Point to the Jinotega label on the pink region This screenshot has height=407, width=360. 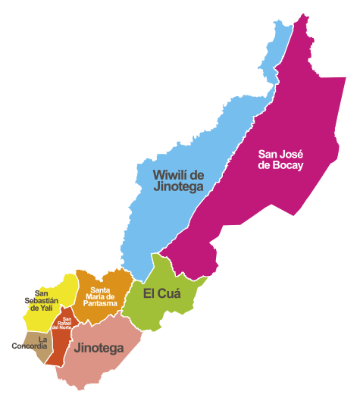pos(99,348)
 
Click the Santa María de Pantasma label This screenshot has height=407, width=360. pos(104,296)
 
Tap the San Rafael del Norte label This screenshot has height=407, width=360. pos(67,324)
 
